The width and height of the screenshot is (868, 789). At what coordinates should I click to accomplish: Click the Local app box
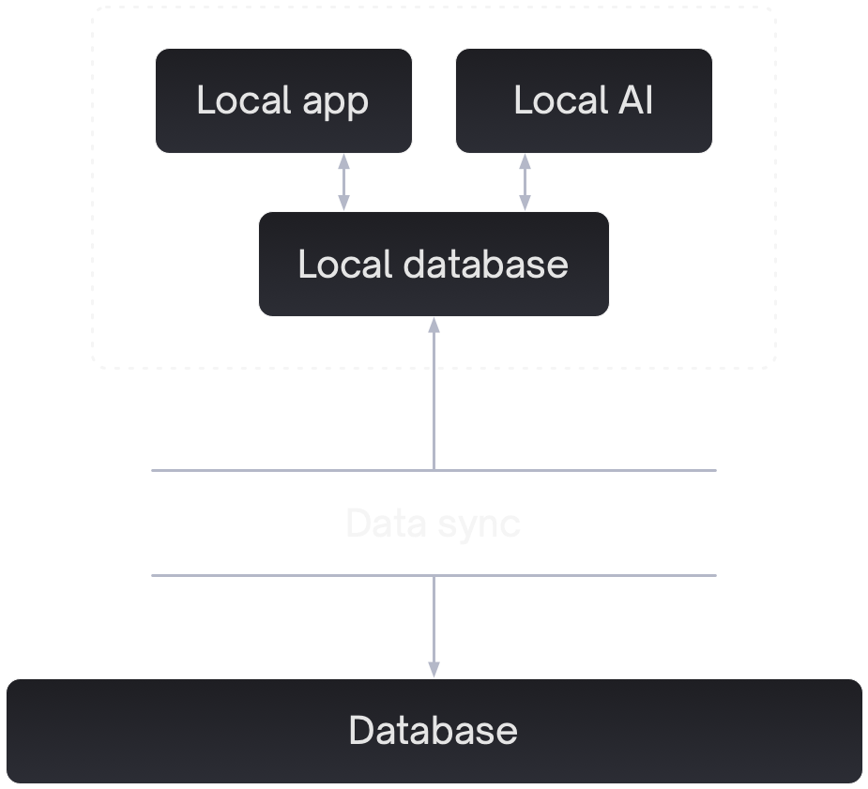click(283, 100)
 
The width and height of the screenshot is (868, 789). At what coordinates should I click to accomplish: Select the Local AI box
click(584, 100)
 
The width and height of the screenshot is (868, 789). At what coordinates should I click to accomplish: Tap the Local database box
click(434, 264)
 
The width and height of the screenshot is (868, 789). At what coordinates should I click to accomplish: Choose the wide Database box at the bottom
click(434, 731)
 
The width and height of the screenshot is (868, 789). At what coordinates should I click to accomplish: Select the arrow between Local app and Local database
click(344, 182)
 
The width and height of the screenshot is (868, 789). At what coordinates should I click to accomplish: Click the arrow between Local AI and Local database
click(525, 182)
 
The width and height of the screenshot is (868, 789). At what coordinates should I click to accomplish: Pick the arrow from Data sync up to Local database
click(434, 394)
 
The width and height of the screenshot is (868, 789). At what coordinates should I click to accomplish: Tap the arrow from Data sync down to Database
click(434, 624)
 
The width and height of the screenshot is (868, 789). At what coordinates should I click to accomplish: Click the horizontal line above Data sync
click(282, 470)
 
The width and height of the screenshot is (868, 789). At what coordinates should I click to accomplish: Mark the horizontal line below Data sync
click(282, 575)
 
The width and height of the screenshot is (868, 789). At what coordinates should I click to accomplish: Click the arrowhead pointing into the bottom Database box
click(434, 669)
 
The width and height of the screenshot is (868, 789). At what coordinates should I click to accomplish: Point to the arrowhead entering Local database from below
click(434, 326)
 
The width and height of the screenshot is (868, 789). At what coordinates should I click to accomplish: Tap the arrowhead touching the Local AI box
click(525, 162)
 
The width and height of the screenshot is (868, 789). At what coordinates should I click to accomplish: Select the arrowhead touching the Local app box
click(344, 162)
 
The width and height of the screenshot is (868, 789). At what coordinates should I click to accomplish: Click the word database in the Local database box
click(486, 264)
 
